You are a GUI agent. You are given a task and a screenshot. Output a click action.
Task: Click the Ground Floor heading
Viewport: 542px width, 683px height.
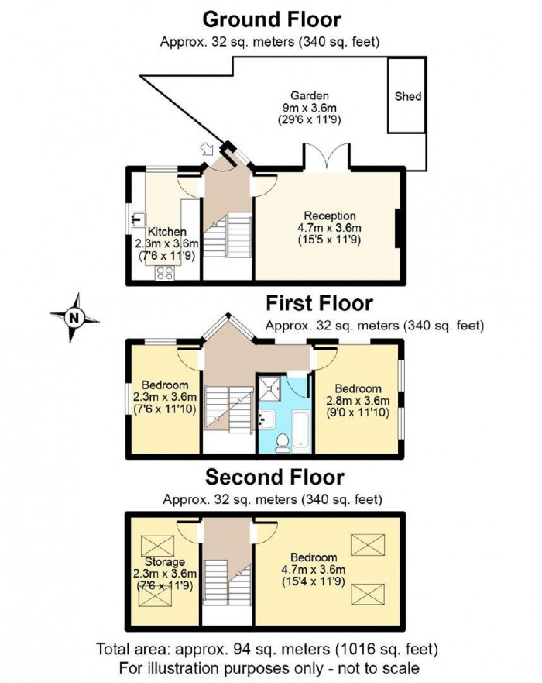pyautogui.click(x=271, y=18)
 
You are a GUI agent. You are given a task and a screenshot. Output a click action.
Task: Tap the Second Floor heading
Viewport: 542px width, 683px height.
pyautogui.click(x=274, y=476)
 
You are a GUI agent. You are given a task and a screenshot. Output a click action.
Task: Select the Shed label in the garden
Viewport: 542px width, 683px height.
pyautogui.click(x=408, y=97)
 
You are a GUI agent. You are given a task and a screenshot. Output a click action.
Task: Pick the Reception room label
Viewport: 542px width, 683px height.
pyautogui.click(x=329, y=216)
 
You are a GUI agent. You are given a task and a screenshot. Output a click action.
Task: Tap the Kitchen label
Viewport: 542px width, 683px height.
pyautogui.click(x=167, y=231)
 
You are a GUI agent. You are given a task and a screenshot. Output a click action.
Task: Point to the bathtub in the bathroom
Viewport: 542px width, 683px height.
pyautogui.click(x=300, y=426)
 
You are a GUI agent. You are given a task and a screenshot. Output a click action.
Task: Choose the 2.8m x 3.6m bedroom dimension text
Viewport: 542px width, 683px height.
pyautogui.click(x=358, y=400)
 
